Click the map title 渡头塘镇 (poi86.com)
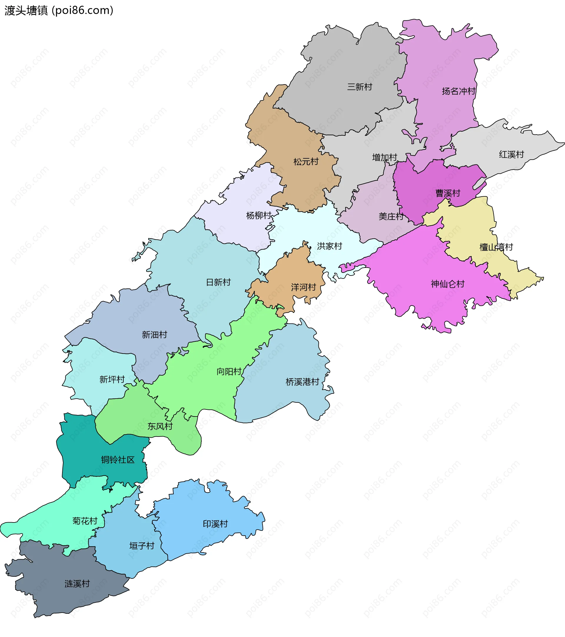[x=59, y=11]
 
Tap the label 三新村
[x=359, y=87]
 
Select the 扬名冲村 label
[x=458, y=91]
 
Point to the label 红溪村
[x=511, y=154]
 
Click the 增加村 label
[x=385, y=157]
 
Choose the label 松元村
[x=306, y=162]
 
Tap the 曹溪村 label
[x=448, y=193]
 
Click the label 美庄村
[x=391, y=216]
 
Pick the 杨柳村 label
[x=259, y=215]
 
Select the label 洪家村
[x=330, y=246]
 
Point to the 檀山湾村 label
[x=496, y=248]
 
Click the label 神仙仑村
[x=448, y=284]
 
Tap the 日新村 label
[x=218, y=282]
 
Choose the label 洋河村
[x=303, y=287]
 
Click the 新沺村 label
[x=154, y=335]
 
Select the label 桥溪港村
[x=303, y=382]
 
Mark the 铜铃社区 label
[x=118, y=460]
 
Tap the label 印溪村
[x=215, y=524]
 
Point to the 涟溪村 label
[x=77, y=584]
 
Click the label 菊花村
[x=85, y=521]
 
